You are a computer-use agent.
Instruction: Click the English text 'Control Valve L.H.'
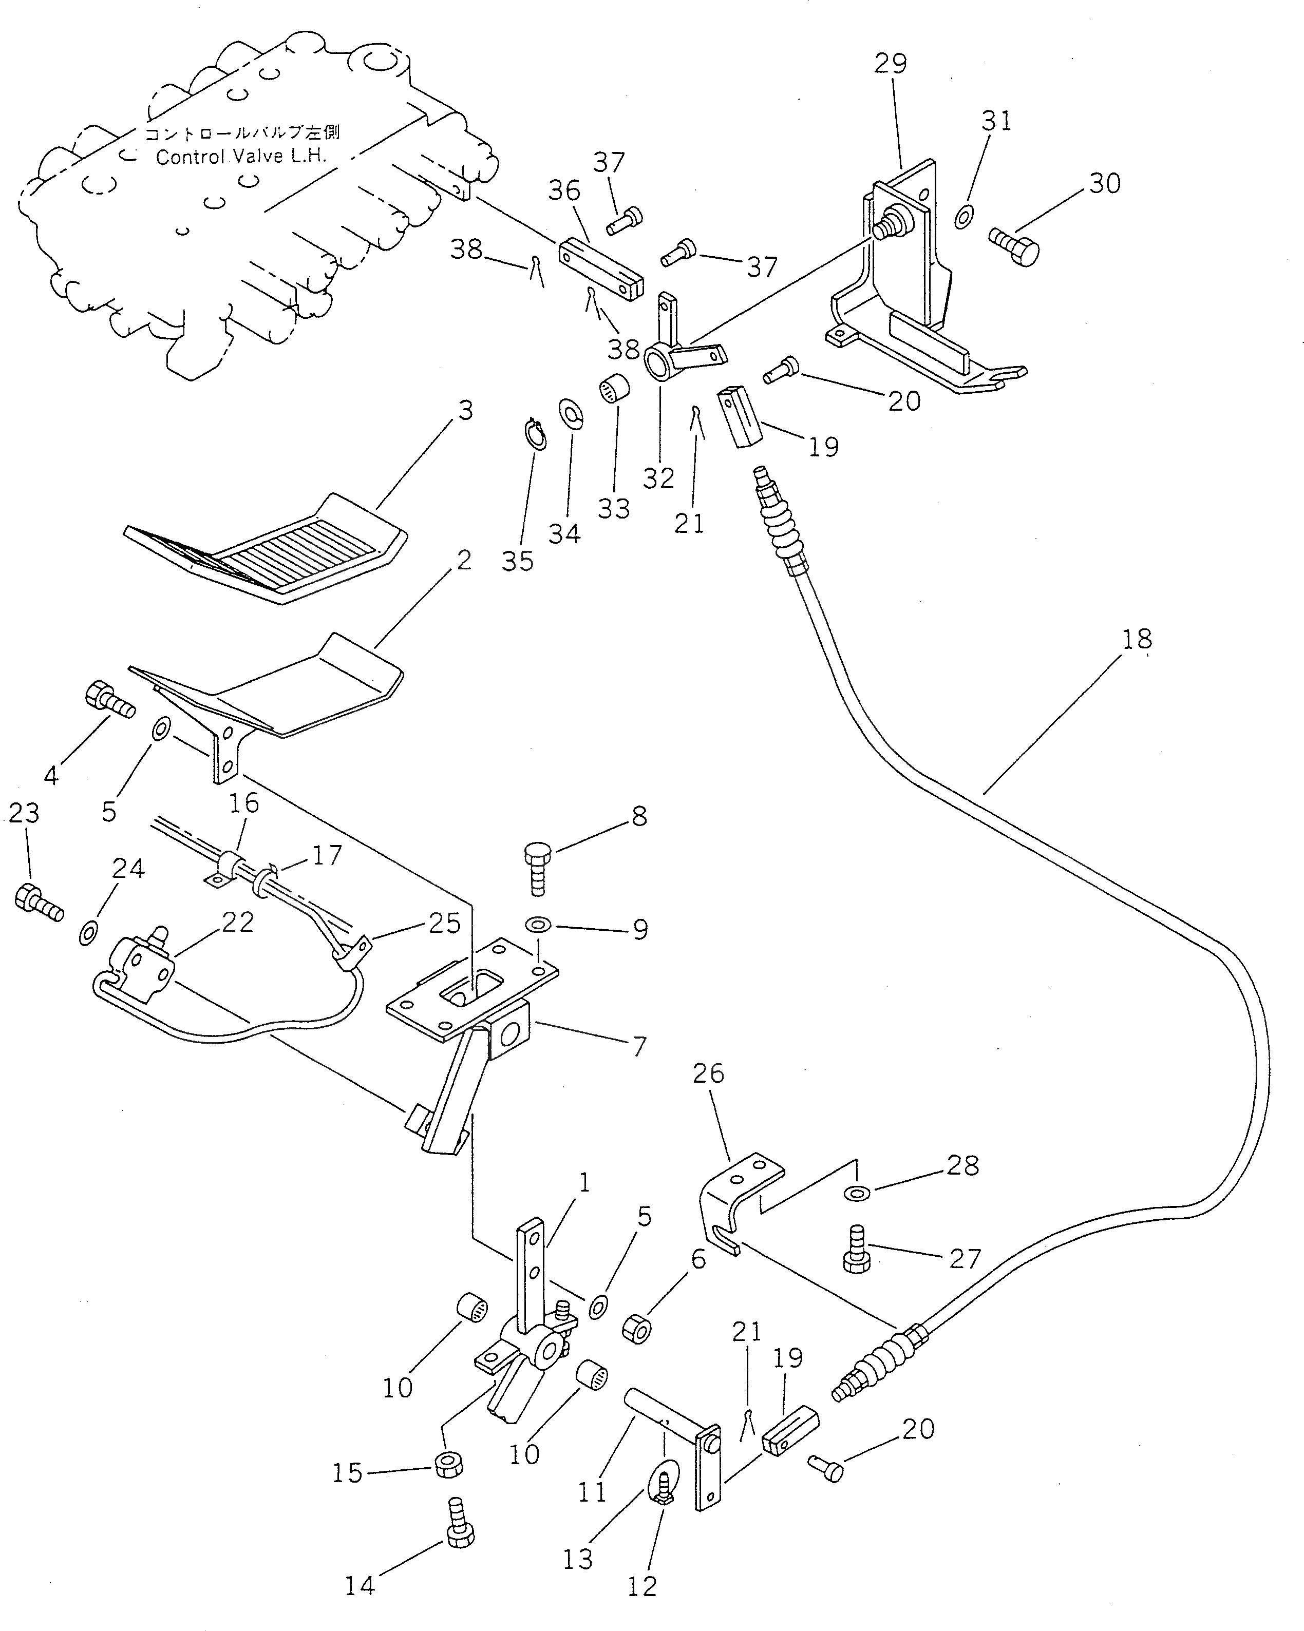coord(241,157)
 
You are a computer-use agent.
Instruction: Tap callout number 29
coord(890,64)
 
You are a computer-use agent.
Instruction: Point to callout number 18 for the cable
coord(1136,639)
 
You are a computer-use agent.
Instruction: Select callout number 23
coord(24,813)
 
